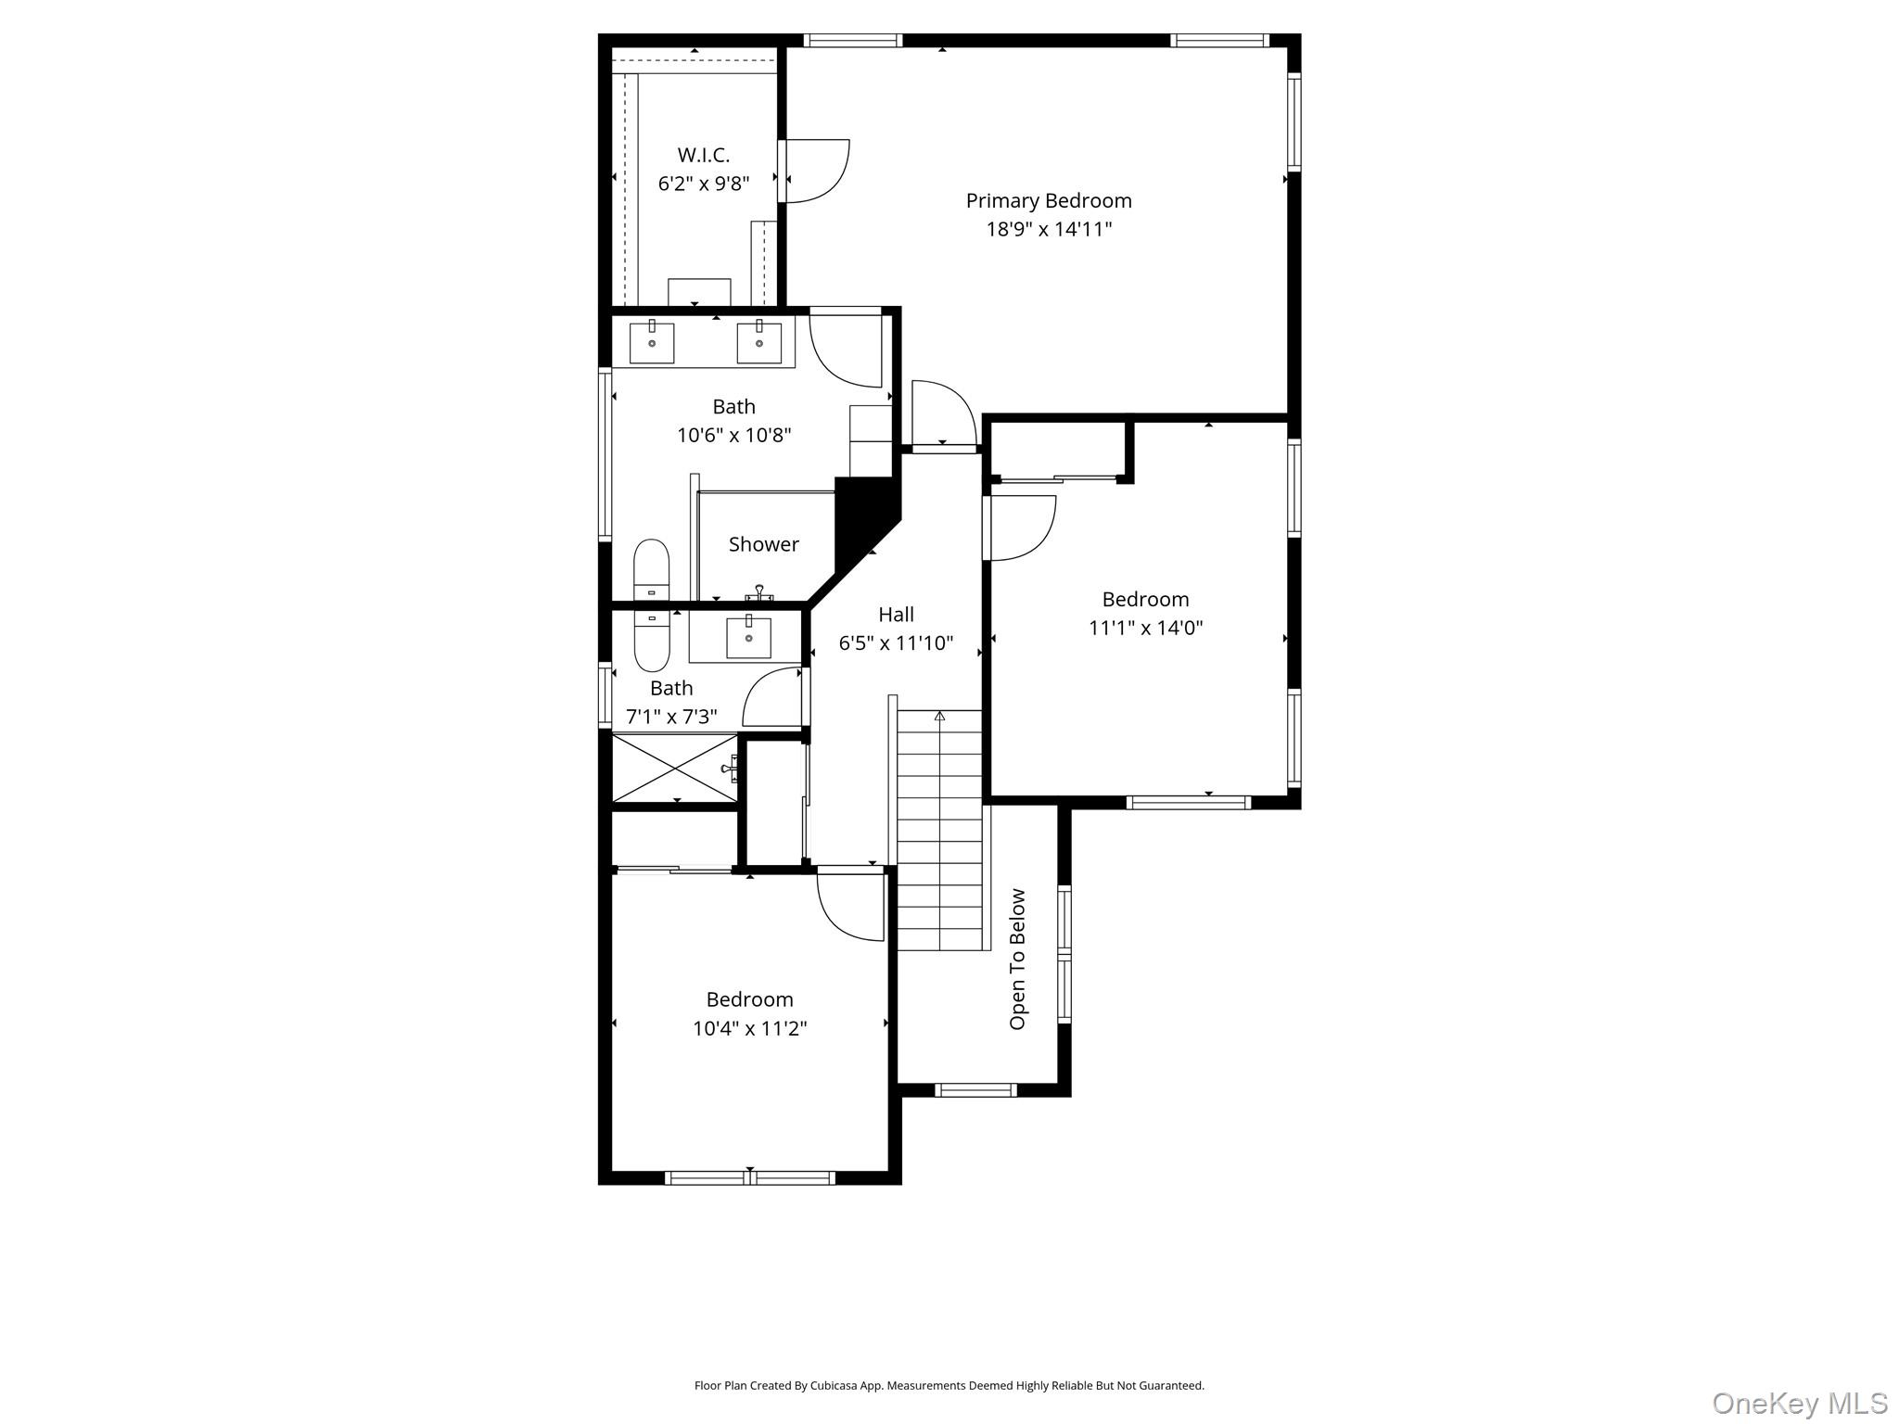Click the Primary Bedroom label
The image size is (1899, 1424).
tap(1048, 200)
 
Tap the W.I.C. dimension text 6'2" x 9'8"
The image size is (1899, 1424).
tap(703, 184)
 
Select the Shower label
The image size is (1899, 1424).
tap(763, 544)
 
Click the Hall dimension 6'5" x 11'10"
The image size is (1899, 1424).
tap(896, 643)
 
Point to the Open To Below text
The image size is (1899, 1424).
tap(1017, 959)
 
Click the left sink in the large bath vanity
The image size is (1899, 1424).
tap(652, 342)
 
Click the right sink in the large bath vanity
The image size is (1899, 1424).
tap(759, 342)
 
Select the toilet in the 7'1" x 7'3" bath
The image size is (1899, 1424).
tap(651, 639)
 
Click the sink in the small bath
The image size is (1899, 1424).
tap(748, 637)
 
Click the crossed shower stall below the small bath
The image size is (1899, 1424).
tap(675, 767)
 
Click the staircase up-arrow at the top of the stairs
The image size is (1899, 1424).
tap(939, 717)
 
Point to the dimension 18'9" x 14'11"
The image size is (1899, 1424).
tap(1048, 229)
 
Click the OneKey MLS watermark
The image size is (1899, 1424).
tap(1799, 1403)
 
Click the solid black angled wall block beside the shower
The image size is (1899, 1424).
tap(862, 519)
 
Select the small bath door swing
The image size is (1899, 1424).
tap(773, 698)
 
